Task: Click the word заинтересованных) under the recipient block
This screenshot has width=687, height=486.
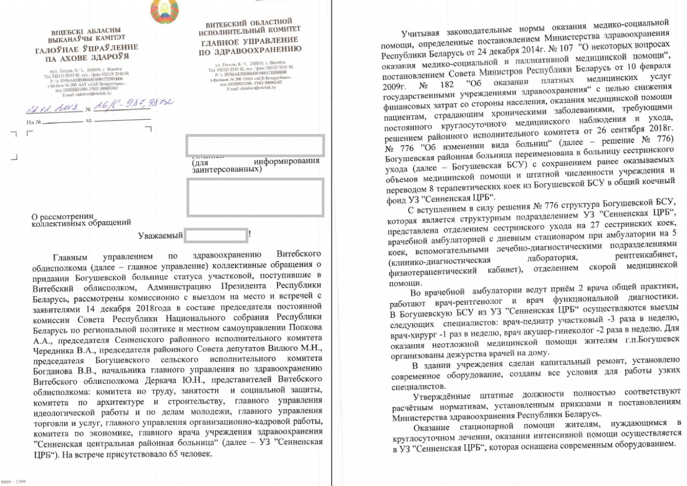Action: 226,169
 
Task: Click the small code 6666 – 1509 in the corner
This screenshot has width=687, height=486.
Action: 12,482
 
